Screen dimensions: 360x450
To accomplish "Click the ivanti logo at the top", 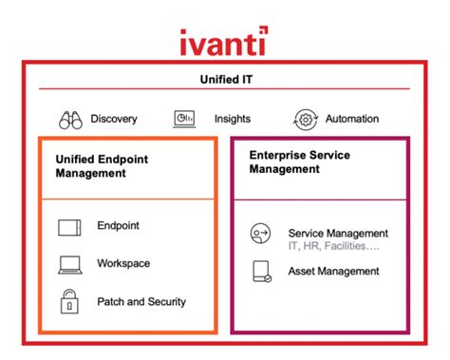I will click(x=223, y=42).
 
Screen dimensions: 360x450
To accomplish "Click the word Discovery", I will click(x=114, y=119).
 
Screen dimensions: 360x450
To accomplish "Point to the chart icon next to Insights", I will click(x=183, y=119).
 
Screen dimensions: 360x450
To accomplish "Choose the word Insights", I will click(x=233, y=119).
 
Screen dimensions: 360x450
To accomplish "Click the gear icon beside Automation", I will click(x=306, y=119).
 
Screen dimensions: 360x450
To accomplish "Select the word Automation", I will click(x=351, y=119).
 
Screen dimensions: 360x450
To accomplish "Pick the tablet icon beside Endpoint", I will click(x=69, y=227).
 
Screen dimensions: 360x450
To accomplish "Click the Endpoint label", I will click(x=118, y=226).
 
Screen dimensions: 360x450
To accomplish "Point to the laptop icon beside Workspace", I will click(x=69, y=264).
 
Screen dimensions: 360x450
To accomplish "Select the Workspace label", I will click(x=123, y=263).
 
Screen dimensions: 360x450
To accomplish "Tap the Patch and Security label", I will click(x=141, y=301).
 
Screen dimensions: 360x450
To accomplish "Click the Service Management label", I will click(x=337, y=233).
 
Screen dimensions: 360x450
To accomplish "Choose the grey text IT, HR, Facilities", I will click(x=332, y=246).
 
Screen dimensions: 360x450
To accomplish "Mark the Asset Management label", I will click(x=333, y=272).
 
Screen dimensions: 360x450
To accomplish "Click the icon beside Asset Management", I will click(x=260, y=272).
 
